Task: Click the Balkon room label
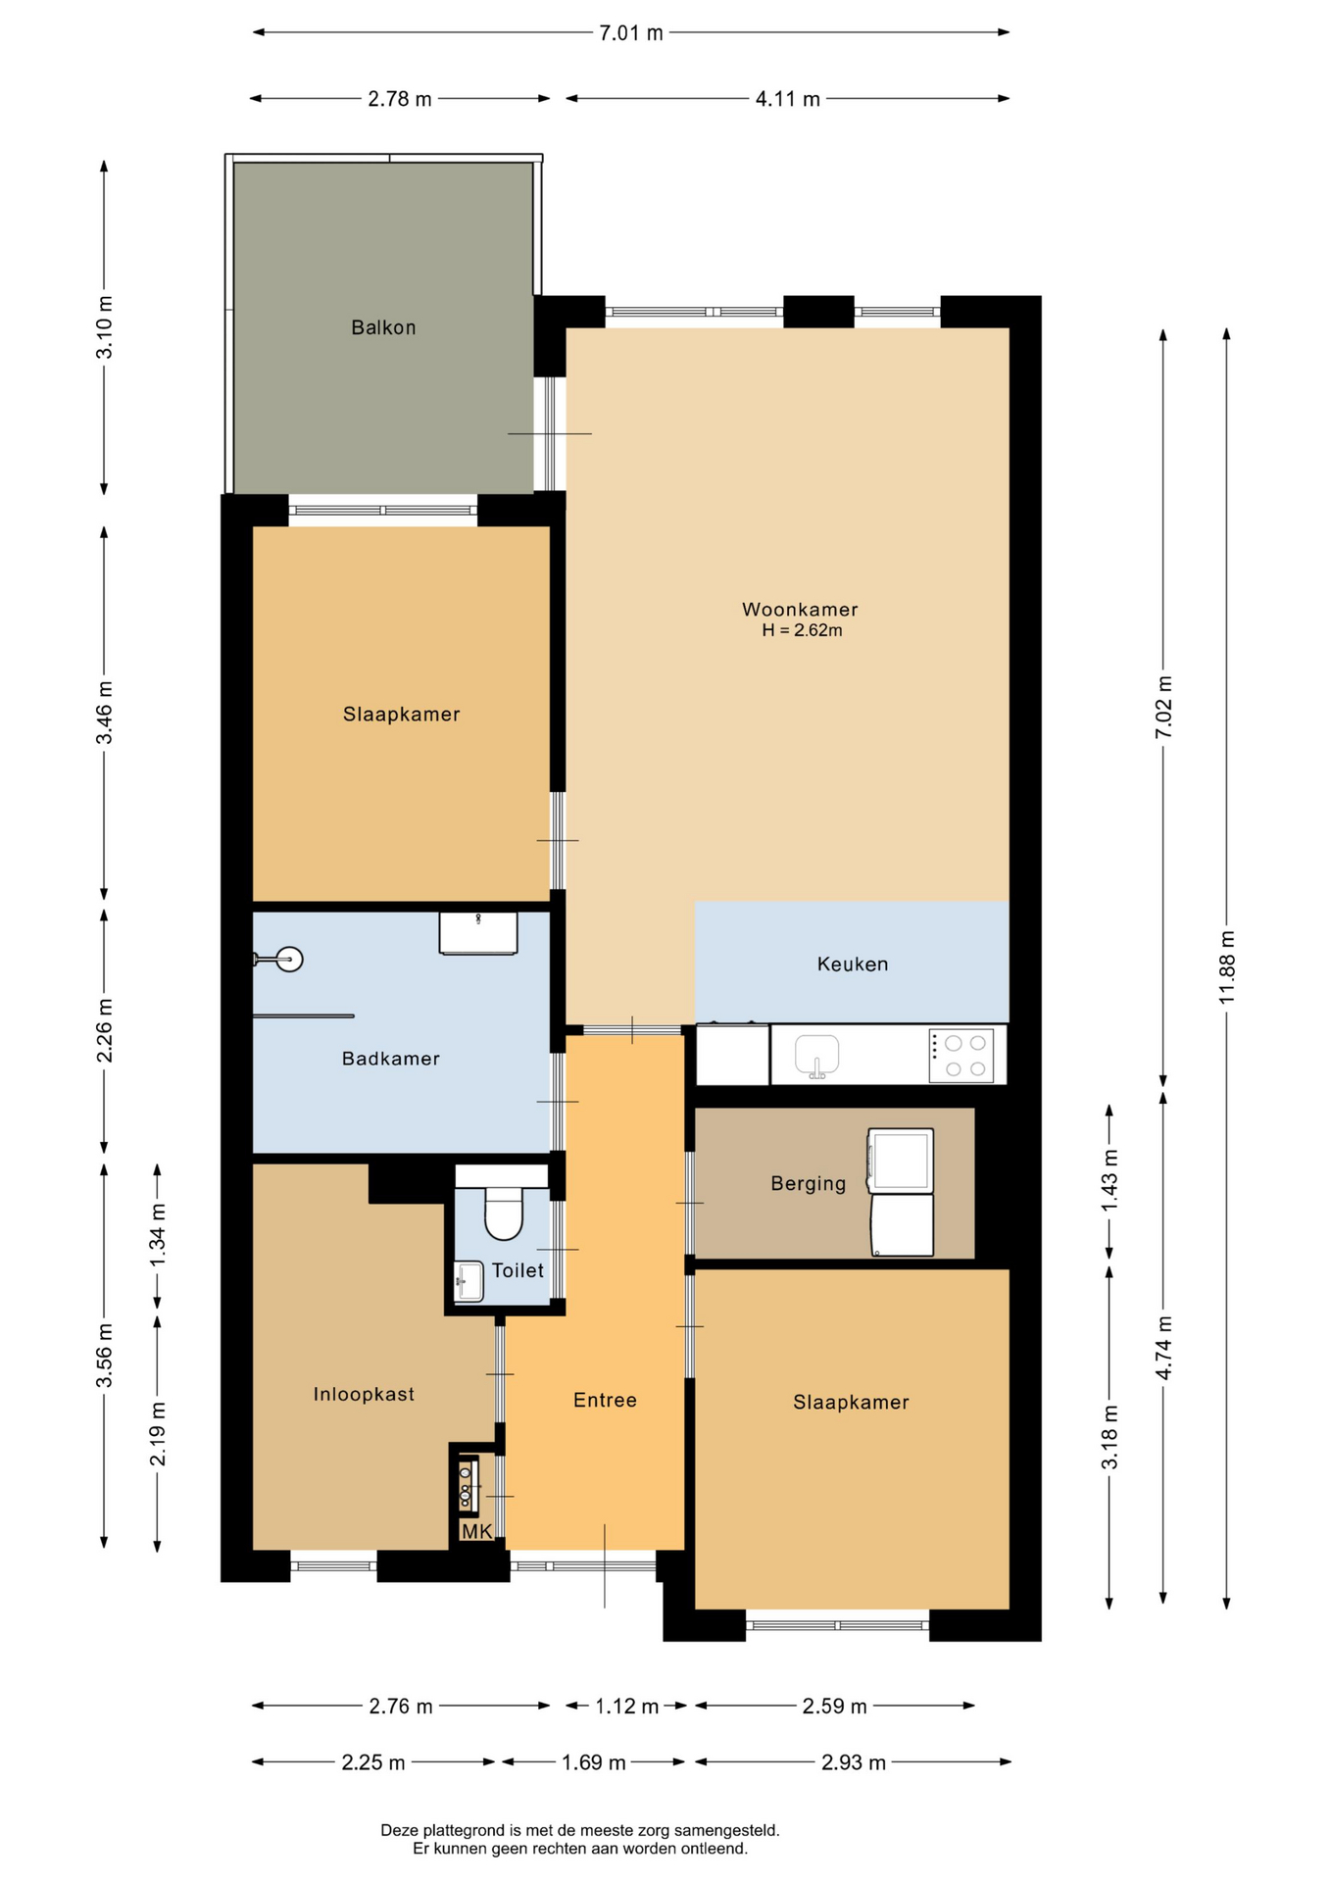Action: click(383, 327)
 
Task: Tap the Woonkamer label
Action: click(800, 610)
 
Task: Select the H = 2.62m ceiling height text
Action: click(802, 631)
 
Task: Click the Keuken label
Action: click(853, 965)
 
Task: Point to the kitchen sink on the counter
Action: click(816, 1056)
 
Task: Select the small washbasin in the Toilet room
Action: click(469, 1281)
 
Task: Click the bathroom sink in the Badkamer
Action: click(478, 932)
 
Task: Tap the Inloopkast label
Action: click(364, 1394)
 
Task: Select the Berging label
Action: click(808, 1184)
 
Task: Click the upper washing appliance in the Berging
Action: click(900, 1161)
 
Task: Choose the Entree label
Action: click(605, 1401)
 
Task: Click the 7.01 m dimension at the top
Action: click(631, 32)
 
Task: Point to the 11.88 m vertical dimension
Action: click(1226, 968)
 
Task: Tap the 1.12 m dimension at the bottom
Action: click(626, 1707)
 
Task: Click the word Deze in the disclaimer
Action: click(398, 1830)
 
